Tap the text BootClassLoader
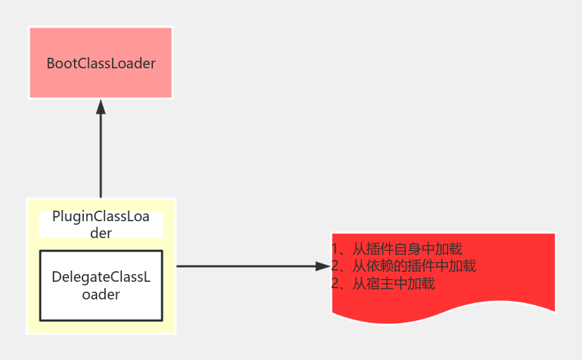tap(101, 63)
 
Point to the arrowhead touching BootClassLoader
tap(101, 106)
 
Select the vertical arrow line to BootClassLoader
tap(101, 155)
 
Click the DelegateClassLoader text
tap(101, 285)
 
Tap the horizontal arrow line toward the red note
tap(247, 266)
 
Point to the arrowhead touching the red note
tap(325, 266)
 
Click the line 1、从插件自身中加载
tap(397, 249)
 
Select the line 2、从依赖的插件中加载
tap(403, 266)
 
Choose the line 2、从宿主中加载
tap(383, 284)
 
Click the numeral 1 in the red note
tap(335, 249)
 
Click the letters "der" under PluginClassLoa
tap(101, 232)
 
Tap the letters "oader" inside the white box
tap(101, 294)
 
